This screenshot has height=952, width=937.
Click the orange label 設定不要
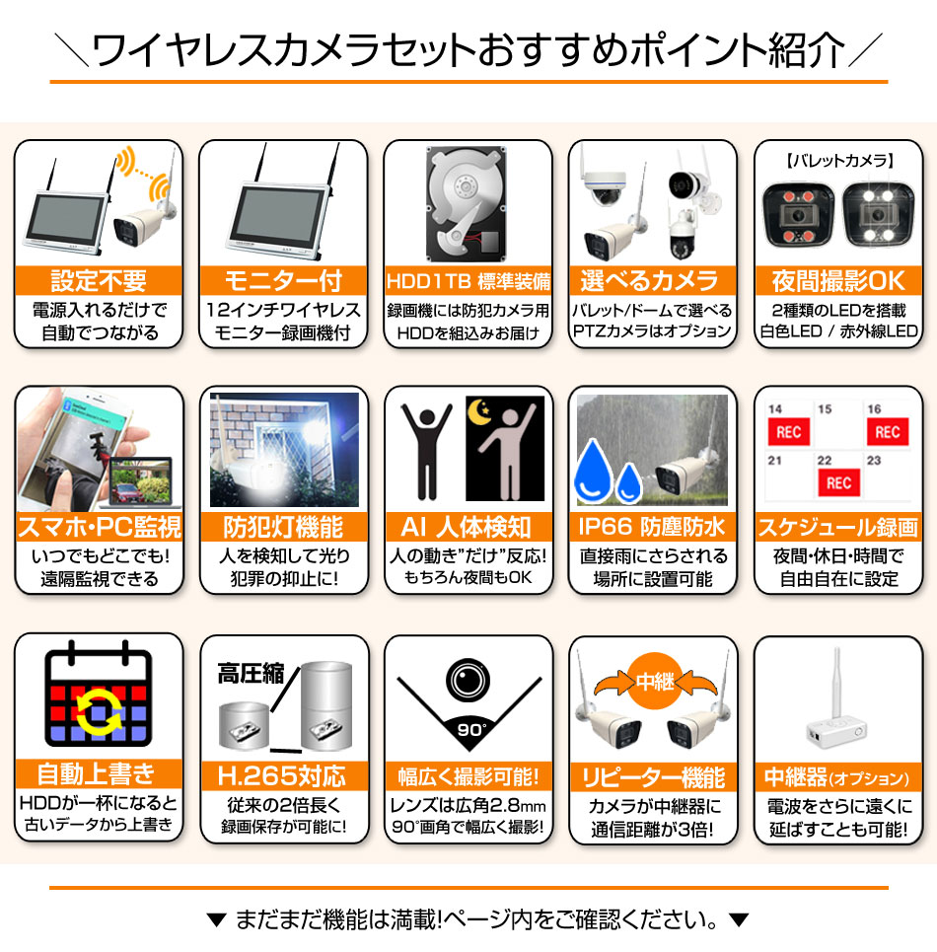99,280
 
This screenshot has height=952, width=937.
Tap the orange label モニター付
283,280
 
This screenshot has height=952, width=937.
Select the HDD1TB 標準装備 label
468,281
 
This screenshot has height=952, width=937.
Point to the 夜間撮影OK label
837,280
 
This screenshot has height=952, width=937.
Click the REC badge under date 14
788,431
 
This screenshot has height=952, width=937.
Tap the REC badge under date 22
838,482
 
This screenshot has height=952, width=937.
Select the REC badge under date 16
887,431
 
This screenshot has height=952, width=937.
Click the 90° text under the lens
468,731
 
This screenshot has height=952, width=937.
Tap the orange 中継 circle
653,682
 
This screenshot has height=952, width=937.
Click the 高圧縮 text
251,674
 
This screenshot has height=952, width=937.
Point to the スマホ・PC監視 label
99,527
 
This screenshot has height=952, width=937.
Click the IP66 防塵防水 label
652,527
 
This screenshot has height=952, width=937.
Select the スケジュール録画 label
837,527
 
